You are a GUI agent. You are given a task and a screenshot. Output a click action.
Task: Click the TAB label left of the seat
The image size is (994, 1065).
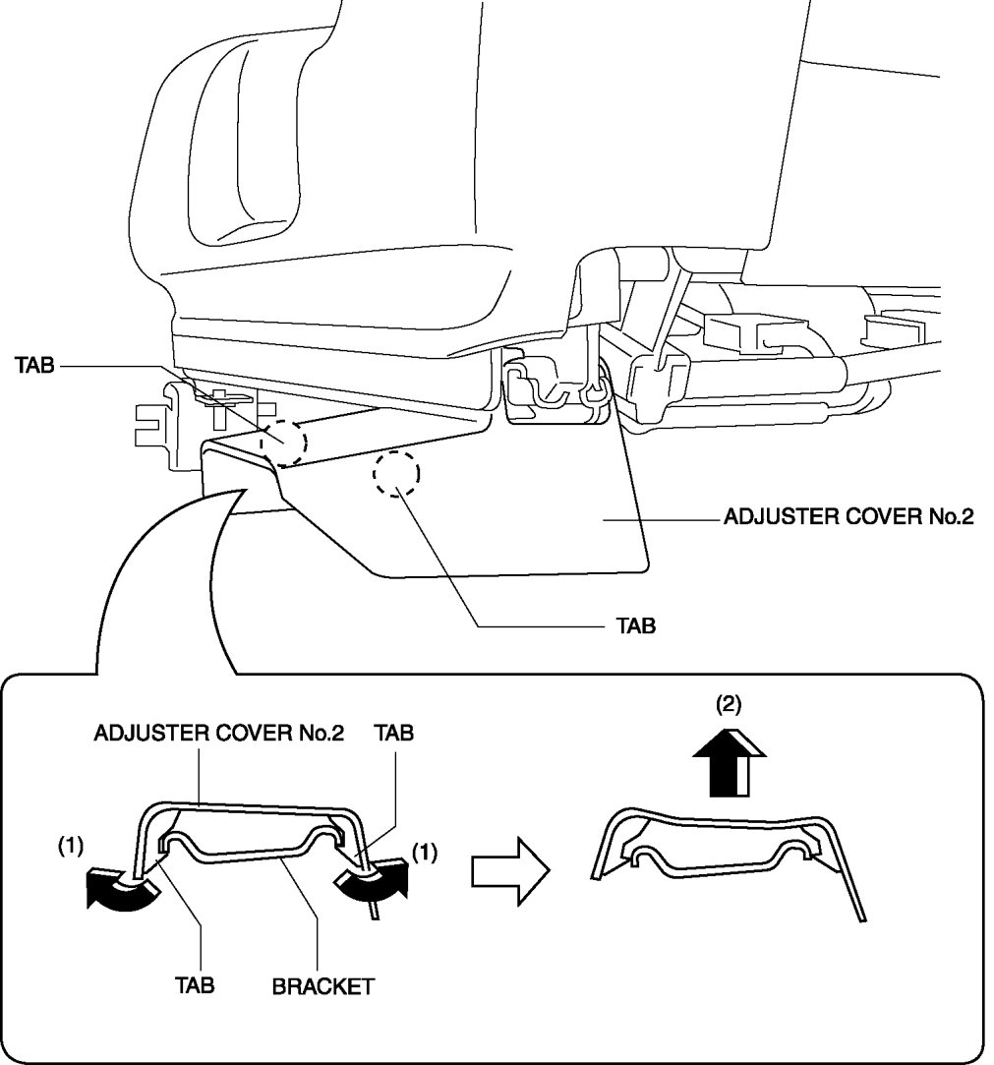pos(35,366)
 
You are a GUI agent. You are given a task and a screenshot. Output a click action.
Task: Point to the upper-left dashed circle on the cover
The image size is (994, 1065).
pos(284,441)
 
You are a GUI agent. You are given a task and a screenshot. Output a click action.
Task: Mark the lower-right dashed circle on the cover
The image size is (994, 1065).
pos(396,476)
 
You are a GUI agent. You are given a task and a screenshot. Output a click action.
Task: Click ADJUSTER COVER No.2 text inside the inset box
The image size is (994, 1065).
pos(218,733)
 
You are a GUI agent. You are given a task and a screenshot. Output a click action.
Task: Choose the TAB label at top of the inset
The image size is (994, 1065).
pos(393,733)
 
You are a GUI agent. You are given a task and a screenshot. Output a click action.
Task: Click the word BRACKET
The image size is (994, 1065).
pos(322,984)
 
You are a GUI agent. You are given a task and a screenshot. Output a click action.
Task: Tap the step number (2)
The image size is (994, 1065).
pos(730,703)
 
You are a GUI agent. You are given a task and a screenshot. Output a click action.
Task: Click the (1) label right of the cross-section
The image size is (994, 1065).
pos(423,854)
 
